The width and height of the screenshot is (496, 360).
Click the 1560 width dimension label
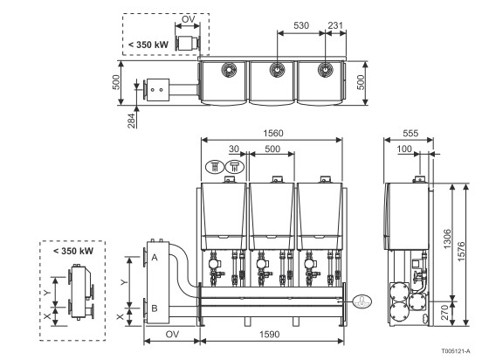273,134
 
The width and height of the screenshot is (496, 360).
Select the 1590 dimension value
270,335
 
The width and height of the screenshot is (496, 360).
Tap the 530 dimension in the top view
301,25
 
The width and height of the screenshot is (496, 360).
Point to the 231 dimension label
335,25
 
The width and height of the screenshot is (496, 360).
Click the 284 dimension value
131,121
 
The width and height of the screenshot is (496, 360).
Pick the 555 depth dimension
410,134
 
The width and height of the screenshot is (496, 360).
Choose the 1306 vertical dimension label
447,239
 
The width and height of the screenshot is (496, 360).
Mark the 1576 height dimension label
461,252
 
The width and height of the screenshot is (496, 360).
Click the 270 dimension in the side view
444,312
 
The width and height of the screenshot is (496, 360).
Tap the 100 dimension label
404,149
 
